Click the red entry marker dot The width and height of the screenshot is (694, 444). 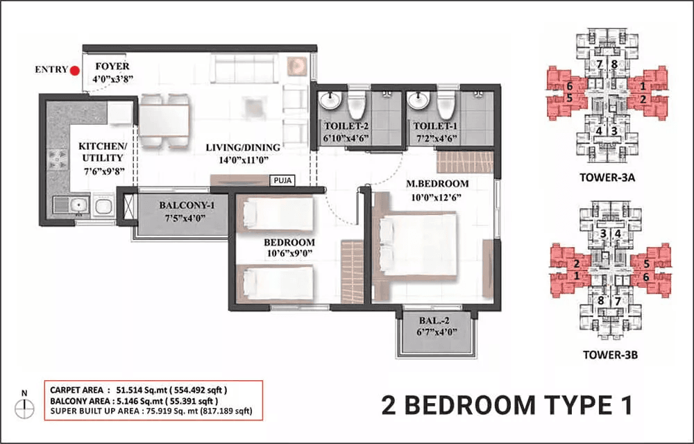click(x=74, y=69)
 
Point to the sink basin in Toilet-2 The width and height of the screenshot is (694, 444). click(x=328, y=103)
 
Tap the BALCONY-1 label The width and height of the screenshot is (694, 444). click(x=183, y=205)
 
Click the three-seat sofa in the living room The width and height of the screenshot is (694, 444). click(x=244, y=68)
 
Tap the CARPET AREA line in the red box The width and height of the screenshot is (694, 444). click(x=131, y=390)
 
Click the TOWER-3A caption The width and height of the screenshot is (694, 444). click(x=607, y=177)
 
